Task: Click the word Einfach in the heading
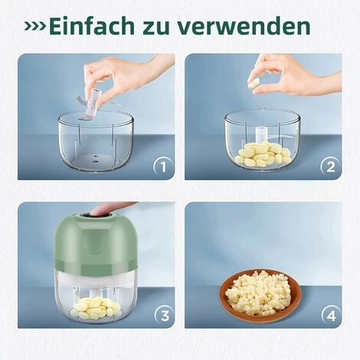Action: point(91,26)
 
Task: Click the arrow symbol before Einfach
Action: point(35,26)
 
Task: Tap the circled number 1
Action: point(164,167)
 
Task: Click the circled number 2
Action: point(331,167)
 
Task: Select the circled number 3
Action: point(165,316)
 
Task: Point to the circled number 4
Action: point(332,316)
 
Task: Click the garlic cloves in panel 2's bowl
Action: point(263,153)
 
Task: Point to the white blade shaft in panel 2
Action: point(262,133)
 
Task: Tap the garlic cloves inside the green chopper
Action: point(96,308)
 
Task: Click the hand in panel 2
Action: point(293,74)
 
